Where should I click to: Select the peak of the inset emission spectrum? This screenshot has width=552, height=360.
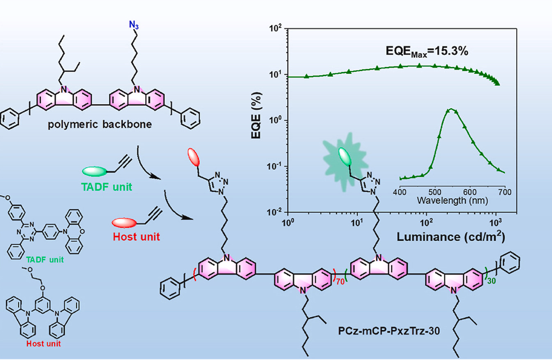tap(452, 109)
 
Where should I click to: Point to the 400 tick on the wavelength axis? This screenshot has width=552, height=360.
tap(400, 192)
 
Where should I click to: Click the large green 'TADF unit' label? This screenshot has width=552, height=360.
tap(107, 187)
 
